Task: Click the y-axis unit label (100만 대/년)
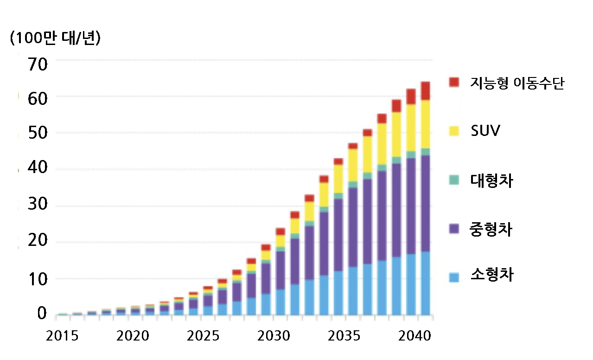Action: point(55,39)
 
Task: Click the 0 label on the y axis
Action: point(42,314)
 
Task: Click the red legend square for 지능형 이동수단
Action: point(454,82)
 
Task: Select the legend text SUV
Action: point(485,131)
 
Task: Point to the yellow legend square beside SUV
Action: point(454,131)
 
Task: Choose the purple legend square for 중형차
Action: point(454,229)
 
